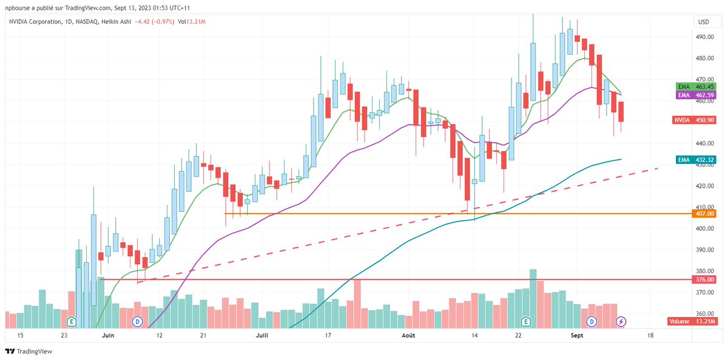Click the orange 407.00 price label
click(x=703, y=214)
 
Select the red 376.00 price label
click(x=703, y=279)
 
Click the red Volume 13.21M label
click(x=692, y=321)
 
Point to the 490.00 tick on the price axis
click(x=704, y=37)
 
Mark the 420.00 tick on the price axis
click(x=704, y=186)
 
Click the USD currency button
click(x=704, y=22)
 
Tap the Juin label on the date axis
click(x=108, y=335)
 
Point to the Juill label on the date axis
click(x=263, y=335)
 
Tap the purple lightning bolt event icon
click(x=621, y=321)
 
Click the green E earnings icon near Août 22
click(x=526, y=321)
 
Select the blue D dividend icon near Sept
click(x=591, y=321)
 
